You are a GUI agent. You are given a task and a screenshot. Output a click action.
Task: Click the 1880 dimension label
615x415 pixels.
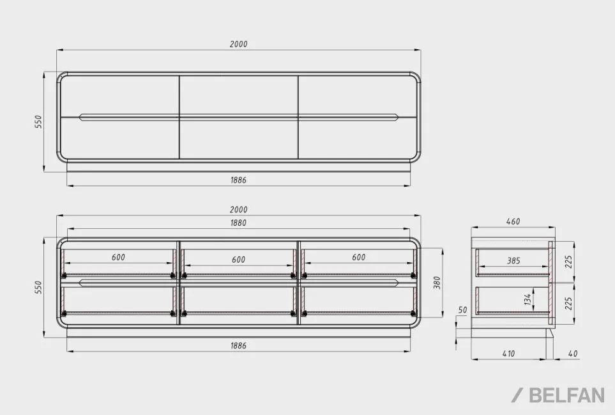(238, 223)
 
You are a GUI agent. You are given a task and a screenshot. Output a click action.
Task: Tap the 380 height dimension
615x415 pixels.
(437, 283)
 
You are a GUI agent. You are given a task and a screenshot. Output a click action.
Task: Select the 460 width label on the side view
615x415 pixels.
(513, 221)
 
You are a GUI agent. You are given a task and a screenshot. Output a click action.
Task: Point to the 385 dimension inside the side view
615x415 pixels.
(513, 261)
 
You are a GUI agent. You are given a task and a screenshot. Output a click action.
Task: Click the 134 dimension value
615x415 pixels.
(528, 299)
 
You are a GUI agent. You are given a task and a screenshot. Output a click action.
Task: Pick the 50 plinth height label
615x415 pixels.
(463, 309)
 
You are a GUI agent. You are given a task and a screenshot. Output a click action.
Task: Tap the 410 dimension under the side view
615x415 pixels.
(508, 354)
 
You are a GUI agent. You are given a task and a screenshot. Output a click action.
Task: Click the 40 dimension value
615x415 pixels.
(573, 354)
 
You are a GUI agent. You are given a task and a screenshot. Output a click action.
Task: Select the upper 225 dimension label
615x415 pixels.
(569, 262)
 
